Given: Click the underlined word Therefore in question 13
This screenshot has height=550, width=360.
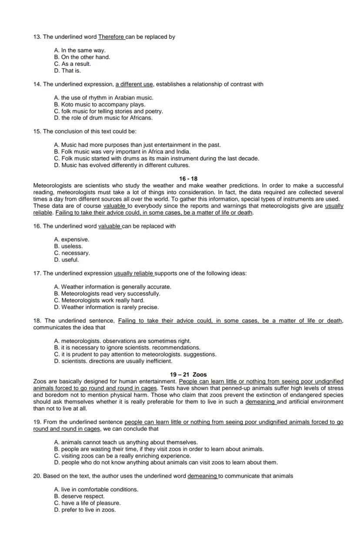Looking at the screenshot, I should pyautogui.click(x=111, y=37).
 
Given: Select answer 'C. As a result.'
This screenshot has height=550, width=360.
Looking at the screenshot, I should pyautogui.click(x=73, y=64).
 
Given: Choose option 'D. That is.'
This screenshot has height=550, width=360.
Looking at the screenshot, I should pyautogui.click(x=67, y=70).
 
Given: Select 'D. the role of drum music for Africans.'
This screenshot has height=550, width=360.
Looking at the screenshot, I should pyautogui.click(x=103, y=118).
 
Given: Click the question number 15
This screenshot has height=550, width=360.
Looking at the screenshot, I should pyautogui.click(x=37, y=131).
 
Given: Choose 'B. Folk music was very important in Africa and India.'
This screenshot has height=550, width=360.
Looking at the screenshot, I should pyautogui.click(x=122, y=152).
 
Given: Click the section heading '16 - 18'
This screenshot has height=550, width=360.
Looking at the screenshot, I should pyautogui.click(x=188, y=179).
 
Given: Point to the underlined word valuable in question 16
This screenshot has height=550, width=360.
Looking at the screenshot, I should pyautogui.click(x=110, y=226).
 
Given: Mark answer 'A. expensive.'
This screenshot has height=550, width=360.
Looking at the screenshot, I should pyautogui.click(x=71, y=239).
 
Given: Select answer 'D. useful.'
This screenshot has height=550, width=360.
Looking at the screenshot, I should pyautogui.click(x=67, y=260).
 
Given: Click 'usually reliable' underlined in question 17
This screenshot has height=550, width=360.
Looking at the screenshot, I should pyautogui.click(x=133, y=273).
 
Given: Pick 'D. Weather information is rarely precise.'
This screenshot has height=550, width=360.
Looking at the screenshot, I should pyautogui.click(x=107, y=307).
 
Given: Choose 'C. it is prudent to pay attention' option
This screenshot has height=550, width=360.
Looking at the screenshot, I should pyautogui.click(x=135, y=354).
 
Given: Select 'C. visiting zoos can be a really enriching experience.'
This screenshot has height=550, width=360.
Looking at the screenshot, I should pyautogui.click(x=122, y=456).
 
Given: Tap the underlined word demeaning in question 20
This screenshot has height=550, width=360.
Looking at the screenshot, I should pyautogui.click(x=202, y=476).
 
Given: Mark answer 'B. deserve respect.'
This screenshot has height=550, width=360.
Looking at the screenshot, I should pyautogui.click(x=79, y=496).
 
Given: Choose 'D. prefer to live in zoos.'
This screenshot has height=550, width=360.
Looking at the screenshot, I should pyautogui.click(x=85, y=510).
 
